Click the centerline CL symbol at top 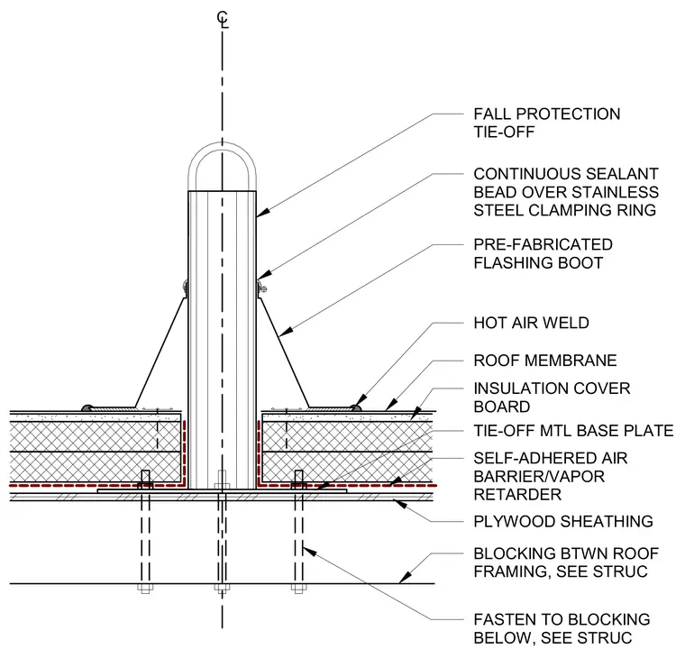click(x=223, y=20)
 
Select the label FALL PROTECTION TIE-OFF click(x=546, y=123)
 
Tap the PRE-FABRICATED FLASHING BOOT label click(x=543, y=253)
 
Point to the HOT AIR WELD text click(x=531, y=323)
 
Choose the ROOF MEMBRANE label click(x=545, y=361)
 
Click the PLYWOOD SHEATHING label click(x=563, y=521)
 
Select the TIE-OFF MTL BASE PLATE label click(x=573, y=431)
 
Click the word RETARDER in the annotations click(x=517, y=495)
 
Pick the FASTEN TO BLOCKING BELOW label click(x=562, y=629)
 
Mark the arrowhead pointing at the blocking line click(x=405, y=578)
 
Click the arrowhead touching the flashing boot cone click(x=286, y=332)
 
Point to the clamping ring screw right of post click(x=262, y=288)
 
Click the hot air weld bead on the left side click(x=87, y=407)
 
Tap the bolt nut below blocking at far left click(x=145, y=588)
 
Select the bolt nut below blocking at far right click(x=299, y=588)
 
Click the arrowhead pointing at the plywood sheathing click(x=400, y=503)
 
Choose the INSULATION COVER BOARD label click(x=552, y=398)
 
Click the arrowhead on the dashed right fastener click(x=309, y=551)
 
